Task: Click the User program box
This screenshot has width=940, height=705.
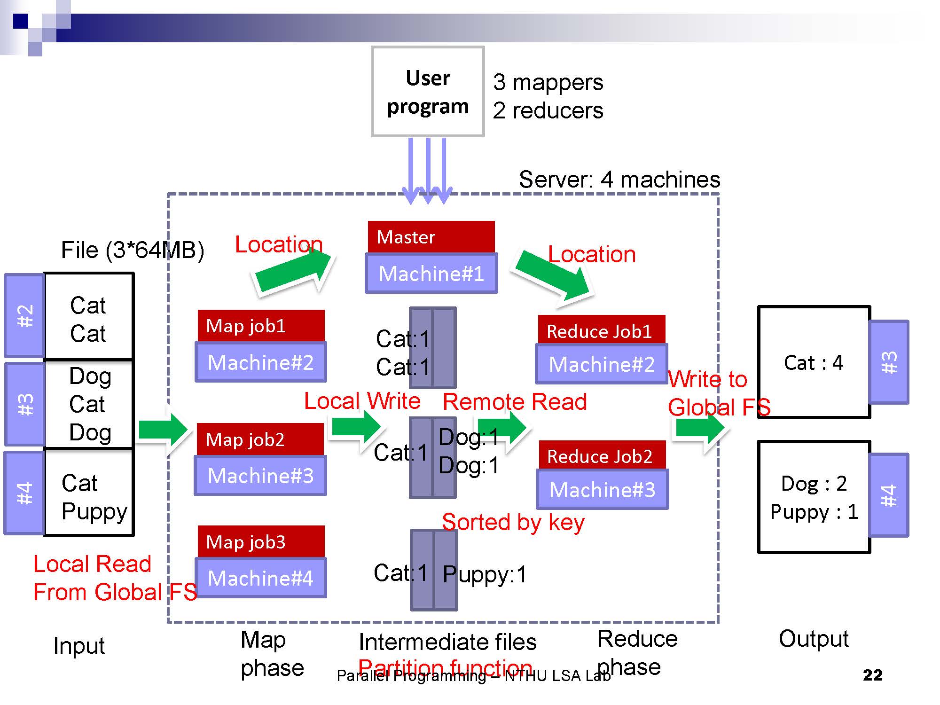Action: pyautogui.click(x=428, y=92)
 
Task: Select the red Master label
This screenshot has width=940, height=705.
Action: pyautogui.click(x=431, y=237)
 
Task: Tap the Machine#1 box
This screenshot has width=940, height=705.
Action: pyautogui.click(x=431, y=274)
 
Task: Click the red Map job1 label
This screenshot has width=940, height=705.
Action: pyautogui.click(x=261, y=326)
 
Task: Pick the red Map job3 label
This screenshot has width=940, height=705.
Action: pyautogui.click(x=261, y=541)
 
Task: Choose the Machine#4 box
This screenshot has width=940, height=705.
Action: pyautogui.click(x=261, y=578)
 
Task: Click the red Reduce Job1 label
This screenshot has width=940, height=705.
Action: pyautogui.click(x=601, y=331)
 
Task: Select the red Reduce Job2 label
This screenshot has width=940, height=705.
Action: pyautogui.click(x=602, y=456)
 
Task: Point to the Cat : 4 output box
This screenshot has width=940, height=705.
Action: pyautogui.click(x=814, y=362)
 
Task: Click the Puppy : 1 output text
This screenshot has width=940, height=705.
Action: pyautogui.click(x=814, y=512)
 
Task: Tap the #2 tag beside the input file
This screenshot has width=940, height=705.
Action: pyautogui.click(x=25, y=316)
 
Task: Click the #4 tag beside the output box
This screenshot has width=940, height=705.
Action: pyautogui.click(x=889, y=495)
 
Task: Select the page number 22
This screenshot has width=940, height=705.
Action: pyautogui.click(x=872, y=675)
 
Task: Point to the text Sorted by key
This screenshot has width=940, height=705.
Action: pyautogui.click(x=513, y=523)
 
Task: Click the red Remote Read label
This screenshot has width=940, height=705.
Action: pyautogui.click(x=515, y=402)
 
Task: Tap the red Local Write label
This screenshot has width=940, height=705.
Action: pyautogui.click(x=362, y=401)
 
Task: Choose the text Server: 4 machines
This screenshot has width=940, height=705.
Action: pyautogui.click(x=619, y=180)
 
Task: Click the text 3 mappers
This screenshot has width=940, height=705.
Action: pyautogui.click(x=548, y=82)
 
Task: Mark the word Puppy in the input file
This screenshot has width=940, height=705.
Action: pyautogui.click(x=94, y=511)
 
